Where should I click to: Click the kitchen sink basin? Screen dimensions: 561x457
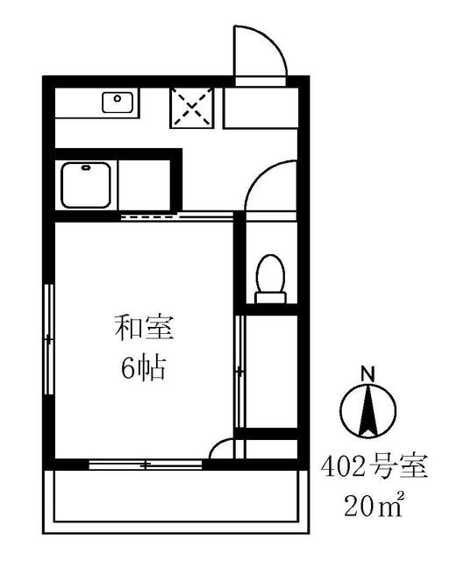pyautogui.click(x=117, y=103)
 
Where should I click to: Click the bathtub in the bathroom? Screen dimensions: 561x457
pyautogui.click(x=86, y=185)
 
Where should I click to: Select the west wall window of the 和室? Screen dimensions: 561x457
pyautogui.click(x=48, y=337)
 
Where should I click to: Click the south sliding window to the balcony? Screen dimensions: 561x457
pyautogui.click(x=147, y=464)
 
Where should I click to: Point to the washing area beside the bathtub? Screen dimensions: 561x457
pyautogui.click(x=146, y=185)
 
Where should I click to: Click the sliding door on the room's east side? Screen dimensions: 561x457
pyautogui.click(x=239, y=373)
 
